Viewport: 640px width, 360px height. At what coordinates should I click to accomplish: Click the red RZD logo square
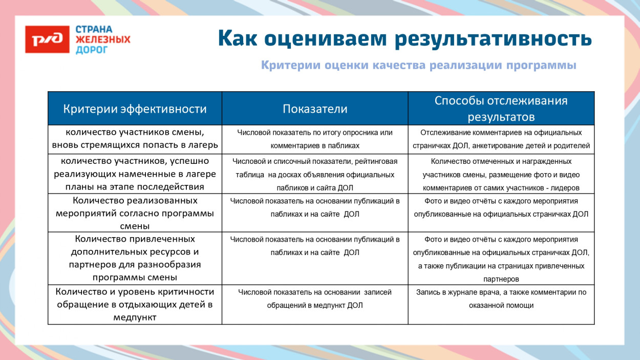(47, 39)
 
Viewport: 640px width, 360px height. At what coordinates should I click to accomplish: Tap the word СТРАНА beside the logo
(94, 29)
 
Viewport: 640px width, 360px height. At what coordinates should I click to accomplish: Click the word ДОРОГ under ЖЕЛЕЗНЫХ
(92, 50)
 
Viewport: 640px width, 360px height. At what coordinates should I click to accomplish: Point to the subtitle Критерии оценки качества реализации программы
(418, 66)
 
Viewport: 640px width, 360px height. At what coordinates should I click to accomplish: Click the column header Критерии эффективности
(135, 109)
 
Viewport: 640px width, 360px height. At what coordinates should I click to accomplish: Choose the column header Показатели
(315, 109)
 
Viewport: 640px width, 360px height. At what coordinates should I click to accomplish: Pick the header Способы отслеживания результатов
(501, 108)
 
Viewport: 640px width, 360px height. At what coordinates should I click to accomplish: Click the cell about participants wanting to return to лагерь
(135, 139)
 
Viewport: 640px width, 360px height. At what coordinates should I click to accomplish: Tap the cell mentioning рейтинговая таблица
(315, 174)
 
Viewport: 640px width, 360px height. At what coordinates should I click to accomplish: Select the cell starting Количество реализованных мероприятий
(135, 213)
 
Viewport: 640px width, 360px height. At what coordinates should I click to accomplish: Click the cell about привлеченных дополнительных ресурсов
(135, 258)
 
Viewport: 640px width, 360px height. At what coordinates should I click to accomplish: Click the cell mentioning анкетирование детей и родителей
(501, 139)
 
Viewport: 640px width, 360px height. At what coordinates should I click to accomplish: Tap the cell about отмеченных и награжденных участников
(501, 174)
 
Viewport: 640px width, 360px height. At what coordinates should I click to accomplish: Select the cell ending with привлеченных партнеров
(501, 259)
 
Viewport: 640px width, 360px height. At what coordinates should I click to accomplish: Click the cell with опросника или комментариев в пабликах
(315, 139)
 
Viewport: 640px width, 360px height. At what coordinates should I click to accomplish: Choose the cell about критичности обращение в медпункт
(135, 304)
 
